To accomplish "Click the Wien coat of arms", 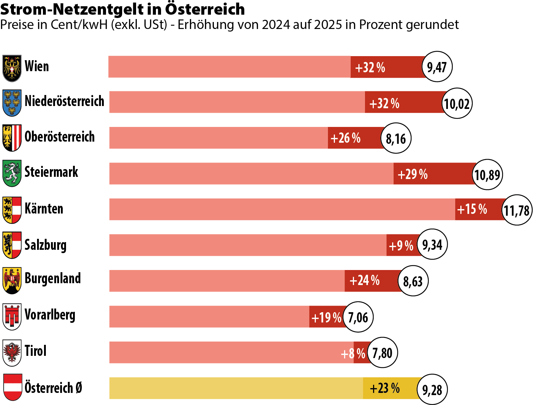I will coord(12,68).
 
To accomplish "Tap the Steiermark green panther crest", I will coord(12,173).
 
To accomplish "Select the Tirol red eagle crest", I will coord(12,353).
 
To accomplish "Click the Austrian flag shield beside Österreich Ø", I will coord(12,387).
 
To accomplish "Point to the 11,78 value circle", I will coord(517,210).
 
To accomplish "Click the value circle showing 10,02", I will coord(457,103).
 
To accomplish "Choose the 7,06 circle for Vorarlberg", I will coord(358,317).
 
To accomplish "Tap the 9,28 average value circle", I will coord(432,389).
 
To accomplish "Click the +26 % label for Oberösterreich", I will coord(346,138).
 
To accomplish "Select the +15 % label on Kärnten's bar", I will coord(472,209).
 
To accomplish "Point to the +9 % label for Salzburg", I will coord(401,245).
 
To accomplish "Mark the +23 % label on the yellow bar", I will coord(384,388).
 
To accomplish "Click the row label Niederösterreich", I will coord(65,101).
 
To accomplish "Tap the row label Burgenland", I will coord(53,278).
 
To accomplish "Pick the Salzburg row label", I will coord(45,245).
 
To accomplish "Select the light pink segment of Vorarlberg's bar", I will coord(209,317).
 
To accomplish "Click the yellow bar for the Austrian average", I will coord(238,388).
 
